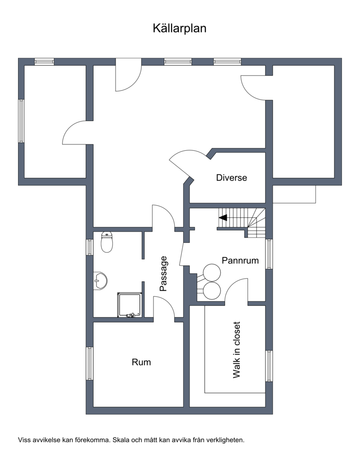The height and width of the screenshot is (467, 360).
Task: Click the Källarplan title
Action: (x=180, y=28)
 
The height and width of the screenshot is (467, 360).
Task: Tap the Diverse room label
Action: (x=232, y=178)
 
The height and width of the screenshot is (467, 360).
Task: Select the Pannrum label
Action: (x=240, y=260)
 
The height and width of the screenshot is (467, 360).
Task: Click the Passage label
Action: (x=164, y=274)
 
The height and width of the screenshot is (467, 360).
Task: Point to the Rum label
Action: (x=141, y=362)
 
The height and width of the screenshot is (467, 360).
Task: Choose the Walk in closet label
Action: (x=237, y=350)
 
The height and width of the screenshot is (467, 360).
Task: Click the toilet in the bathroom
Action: (x=107, y=242)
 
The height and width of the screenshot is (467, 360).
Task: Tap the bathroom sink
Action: (x=100, y=281)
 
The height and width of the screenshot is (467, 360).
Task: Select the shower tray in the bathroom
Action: (x=130, y=305)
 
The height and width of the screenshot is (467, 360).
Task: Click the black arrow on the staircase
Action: (x=223, y=217)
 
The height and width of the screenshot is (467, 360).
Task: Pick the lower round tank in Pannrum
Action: (x=211, y=290)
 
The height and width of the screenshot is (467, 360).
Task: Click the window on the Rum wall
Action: (x=90, y=364)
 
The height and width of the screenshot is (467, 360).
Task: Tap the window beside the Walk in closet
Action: (x=269, y=366)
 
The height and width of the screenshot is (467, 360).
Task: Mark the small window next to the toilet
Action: (x=90, y=247)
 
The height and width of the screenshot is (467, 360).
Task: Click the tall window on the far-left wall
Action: (x=21, y=121)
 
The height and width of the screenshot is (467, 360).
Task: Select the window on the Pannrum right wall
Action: (x=269, y=254)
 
